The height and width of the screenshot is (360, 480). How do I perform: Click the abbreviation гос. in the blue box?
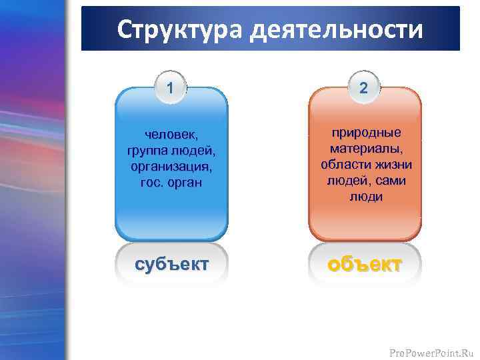point(151,182)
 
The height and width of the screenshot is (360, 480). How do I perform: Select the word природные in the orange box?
point(365,134)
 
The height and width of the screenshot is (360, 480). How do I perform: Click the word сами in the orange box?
point(391,181)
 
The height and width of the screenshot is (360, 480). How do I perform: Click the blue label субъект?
point(171,263)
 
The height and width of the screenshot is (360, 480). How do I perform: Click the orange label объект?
point(365,263)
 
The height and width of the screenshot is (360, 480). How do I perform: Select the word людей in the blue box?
point(193,151)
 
